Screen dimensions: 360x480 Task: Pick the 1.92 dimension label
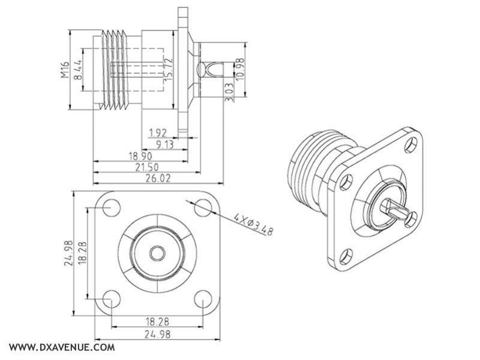[159, 133]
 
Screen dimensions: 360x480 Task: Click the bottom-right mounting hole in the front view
[203, 298]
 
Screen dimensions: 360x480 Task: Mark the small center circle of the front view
[157, 253]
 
